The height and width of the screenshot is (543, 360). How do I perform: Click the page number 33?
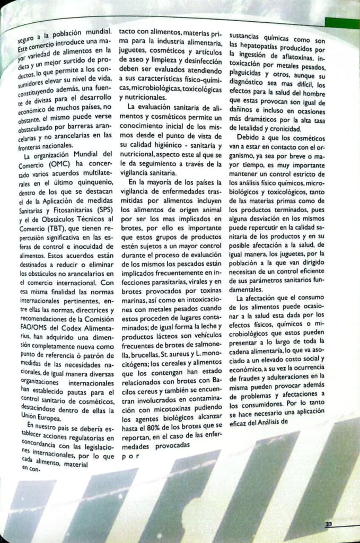coord(329,524)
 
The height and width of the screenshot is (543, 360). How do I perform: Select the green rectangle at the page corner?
coord(341,23)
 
